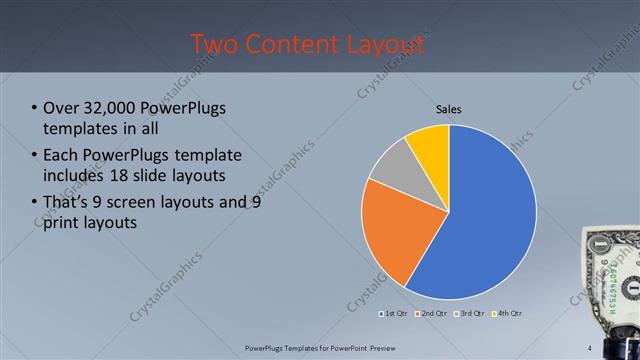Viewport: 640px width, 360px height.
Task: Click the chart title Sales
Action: point(448,109)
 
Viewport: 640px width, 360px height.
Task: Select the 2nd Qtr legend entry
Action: point(431,313)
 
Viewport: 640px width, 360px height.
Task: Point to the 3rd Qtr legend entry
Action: point(470,313)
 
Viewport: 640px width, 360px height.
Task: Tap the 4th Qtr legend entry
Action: point(508,313)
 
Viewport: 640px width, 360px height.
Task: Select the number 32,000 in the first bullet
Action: point(108,108)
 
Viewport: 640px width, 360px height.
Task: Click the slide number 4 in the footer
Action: point(590,348)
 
